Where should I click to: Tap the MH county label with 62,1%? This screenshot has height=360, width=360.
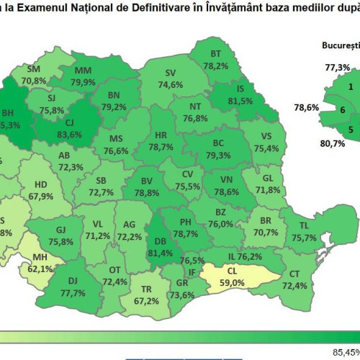coord(42,264)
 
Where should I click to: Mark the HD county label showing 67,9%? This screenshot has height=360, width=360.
coord(42,189)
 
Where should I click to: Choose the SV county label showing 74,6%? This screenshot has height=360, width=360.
coord(171,78)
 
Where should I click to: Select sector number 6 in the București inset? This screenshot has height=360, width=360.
coord(342,110)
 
